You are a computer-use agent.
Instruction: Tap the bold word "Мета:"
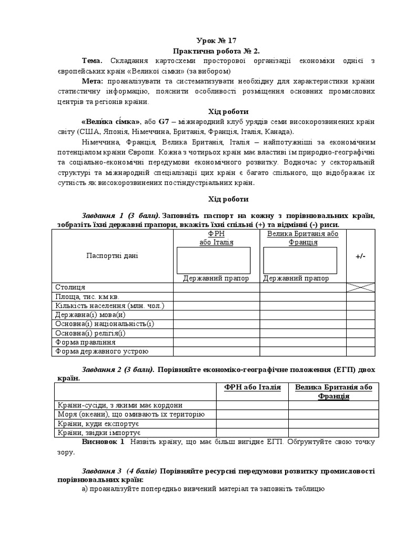click(x=93, y=81)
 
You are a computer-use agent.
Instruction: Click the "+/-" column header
click(x=360, y=256)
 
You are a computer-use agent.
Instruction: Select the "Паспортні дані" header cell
click(x=112, y=256)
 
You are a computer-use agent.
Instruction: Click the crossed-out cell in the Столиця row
click(x=360, y=287)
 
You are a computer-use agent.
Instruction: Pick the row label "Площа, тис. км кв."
click(x=87, y=296)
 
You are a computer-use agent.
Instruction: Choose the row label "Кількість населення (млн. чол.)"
click(x=110, y=305)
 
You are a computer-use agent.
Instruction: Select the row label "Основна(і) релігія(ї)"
click(x=90, y=333)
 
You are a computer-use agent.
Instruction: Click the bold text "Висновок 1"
click(x=103, y=442)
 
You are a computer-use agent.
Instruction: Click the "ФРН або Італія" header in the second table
click(x=252, y=387)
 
